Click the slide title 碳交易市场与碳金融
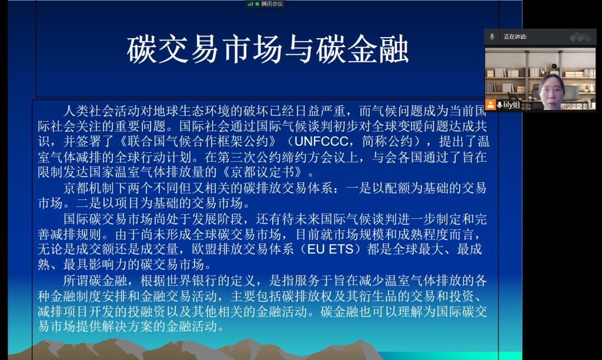(267, 49)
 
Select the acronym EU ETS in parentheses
(330, 249)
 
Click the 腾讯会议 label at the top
(272, 4)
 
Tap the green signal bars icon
(250, 4)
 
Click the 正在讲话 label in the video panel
(515, 37)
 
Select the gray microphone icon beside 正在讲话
(492, 37)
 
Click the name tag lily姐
(511, 105)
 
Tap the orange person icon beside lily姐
(490, 105)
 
